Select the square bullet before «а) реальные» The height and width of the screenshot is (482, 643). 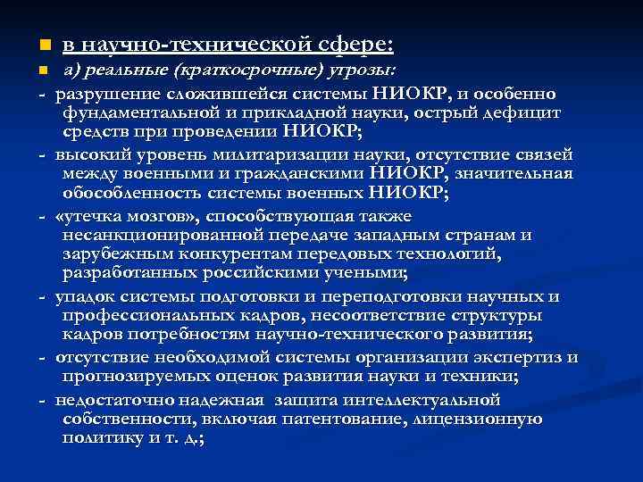33,71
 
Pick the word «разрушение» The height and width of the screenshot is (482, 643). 103,94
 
